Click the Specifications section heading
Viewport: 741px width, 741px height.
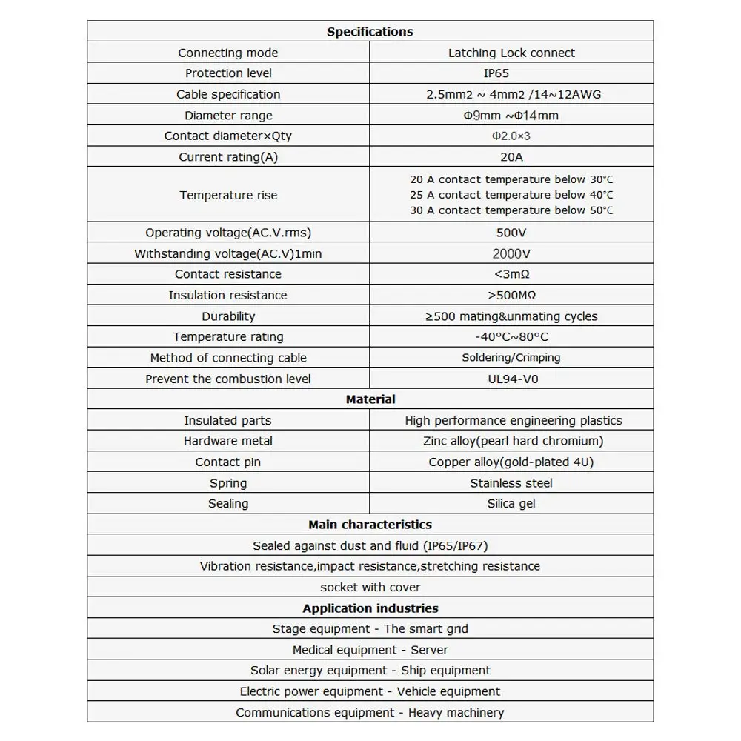tap(370, 32)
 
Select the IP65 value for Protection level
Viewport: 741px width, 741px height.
tap(511, 73)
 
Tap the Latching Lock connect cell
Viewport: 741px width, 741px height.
tap(511, 53)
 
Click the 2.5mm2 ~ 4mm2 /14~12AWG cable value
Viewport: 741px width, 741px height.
tap(511, 94)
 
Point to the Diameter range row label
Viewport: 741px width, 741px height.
tap(228, 116)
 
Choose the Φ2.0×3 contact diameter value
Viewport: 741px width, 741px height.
tap(511, 136)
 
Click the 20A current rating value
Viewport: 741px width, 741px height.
tap(511, 157)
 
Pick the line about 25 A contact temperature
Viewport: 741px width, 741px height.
tap(511, 195)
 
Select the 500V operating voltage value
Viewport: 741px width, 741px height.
tap(511, 233)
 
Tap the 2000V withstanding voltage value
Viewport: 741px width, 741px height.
tap(511, 253)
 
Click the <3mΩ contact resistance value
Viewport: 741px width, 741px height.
tap(511, 274)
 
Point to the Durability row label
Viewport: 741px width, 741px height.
tap(228, 316)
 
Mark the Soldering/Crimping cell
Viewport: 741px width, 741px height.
tap(511, 358)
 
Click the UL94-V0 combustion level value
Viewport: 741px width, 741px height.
tap(511, 379)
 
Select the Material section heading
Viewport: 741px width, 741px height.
tap(370, 399)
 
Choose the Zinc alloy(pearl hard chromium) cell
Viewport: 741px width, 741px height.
tap(511, 441)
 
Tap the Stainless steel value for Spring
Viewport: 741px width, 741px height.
tap(511, 483)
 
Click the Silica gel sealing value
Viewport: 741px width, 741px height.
tap(511, 504)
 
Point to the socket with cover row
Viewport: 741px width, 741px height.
tap(370, 588)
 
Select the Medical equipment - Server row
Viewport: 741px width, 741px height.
tap(370, 650)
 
